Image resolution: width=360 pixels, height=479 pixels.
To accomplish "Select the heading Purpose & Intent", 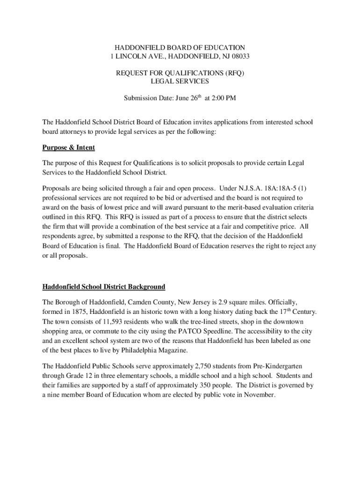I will click(69, 147).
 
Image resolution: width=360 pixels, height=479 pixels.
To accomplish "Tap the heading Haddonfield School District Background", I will click(104, 286).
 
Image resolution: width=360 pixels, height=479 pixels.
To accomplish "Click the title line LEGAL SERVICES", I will click(180, 81).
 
